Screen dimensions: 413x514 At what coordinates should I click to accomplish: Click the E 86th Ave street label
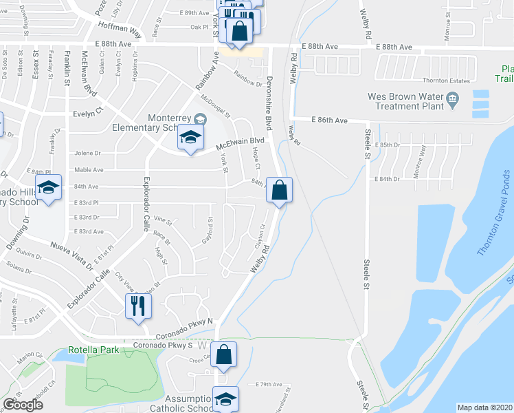[x=328, y=120]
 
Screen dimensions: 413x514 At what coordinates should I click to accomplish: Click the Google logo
[x=23, y=405]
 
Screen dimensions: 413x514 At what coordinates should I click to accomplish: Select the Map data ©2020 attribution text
[x=485, y=407]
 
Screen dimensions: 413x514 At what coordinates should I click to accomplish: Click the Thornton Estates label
[x=445, y=81]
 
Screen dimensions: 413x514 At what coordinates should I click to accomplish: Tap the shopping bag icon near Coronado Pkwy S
[x=225, y=356]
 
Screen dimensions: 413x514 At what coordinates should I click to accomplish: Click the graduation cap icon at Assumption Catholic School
[x=225, y=399]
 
